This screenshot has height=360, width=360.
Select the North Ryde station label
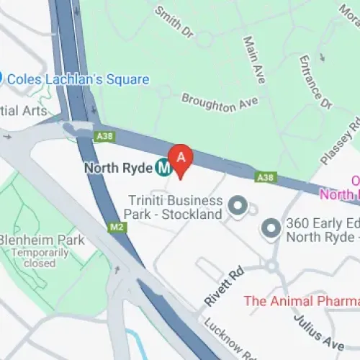(x=119, y=168)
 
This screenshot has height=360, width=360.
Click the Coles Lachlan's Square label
(x=79, y=79)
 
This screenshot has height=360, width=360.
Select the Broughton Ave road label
(x=219, y=103)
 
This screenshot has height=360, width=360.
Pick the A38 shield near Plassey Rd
(x=266, y=177)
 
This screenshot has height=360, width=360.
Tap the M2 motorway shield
(x=117, y=227)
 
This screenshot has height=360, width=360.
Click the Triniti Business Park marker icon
(x=237, y=208)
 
